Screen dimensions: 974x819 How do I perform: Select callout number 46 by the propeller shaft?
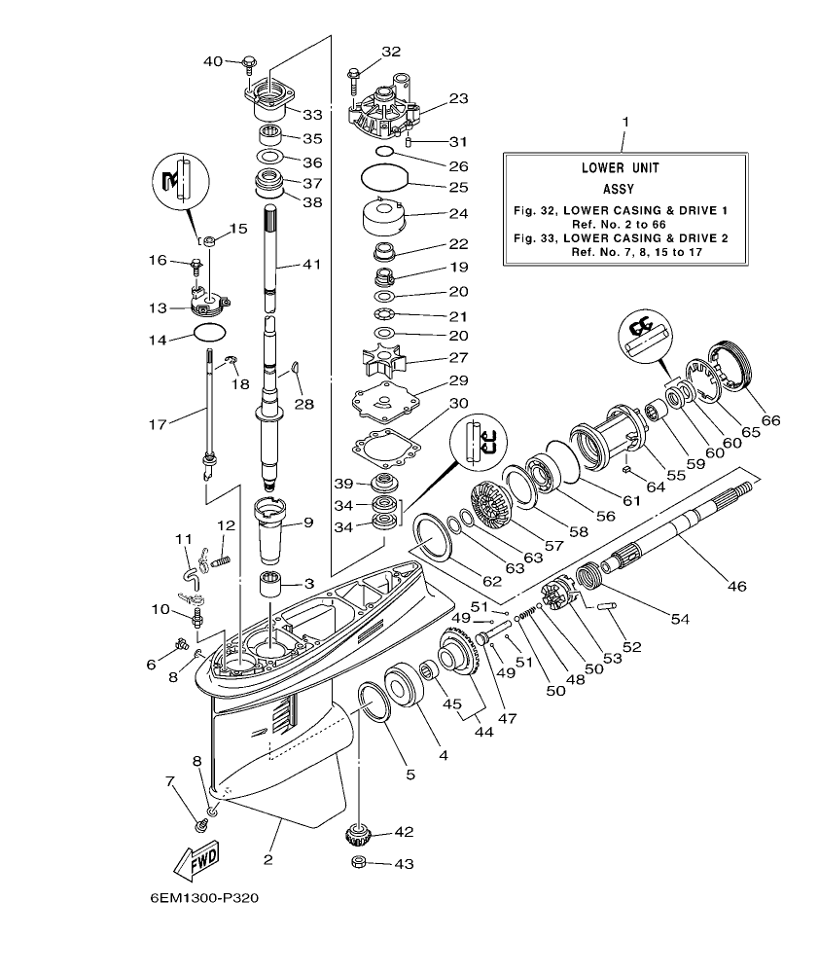click(737, 587)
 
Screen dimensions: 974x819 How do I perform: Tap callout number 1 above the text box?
click(625, 124)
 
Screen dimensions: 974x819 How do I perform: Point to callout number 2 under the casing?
click(267, 860)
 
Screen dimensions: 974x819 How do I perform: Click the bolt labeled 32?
click(353, 75)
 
